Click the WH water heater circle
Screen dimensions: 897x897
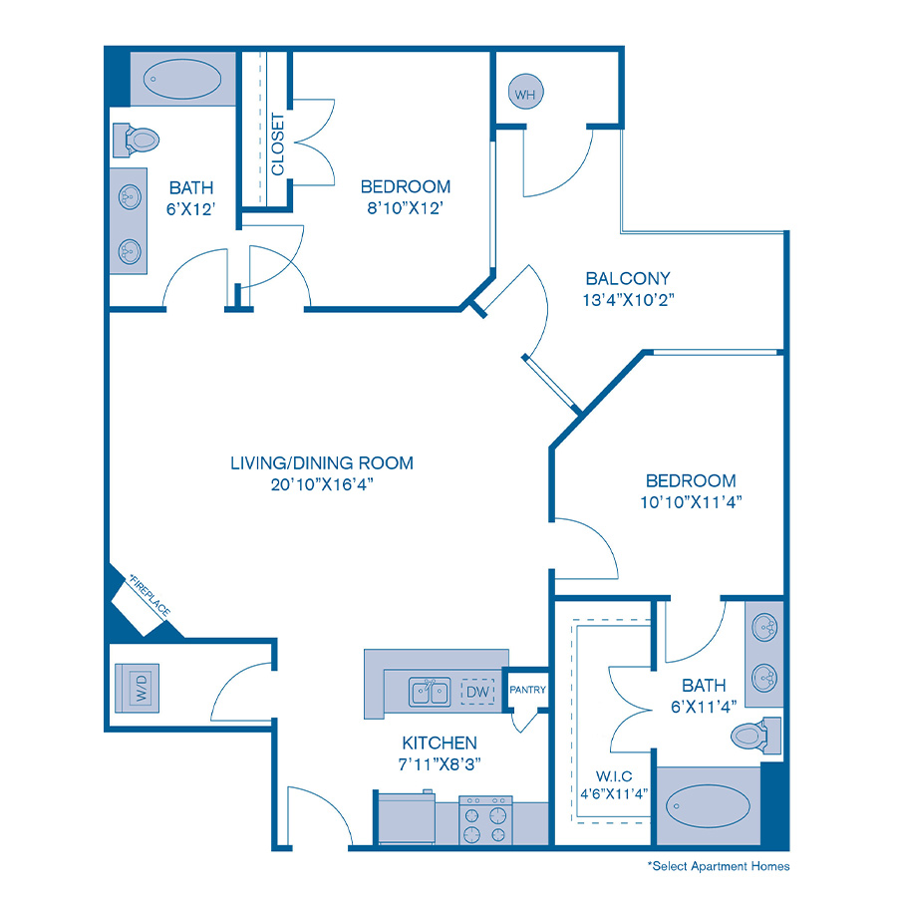[524, 95]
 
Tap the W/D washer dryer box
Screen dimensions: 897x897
[140, 689]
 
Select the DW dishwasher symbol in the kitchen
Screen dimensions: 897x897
[477, 690]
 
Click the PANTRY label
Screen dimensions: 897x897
[525, 689]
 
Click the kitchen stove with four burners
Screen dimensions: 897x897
[485, 821]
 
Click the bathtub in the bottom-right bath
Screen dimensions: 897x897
[707, 803]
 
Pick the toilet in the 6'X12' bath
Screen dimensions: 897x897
[136, 139]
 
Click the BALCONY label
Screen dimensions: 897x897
[628, 279]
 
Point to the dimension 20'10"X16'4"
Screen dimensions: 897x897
[322, 484]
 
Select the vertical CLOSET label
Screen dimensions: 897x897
[278, 145]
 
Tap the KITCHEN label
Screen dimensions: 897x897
[439, 743]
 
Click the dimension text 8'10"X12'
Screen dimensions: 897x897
[406, 207]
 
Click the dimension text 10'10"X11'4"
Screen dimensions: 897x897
[690, 501]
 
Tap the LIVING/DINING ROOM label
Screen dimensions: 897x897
[322, 462]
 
